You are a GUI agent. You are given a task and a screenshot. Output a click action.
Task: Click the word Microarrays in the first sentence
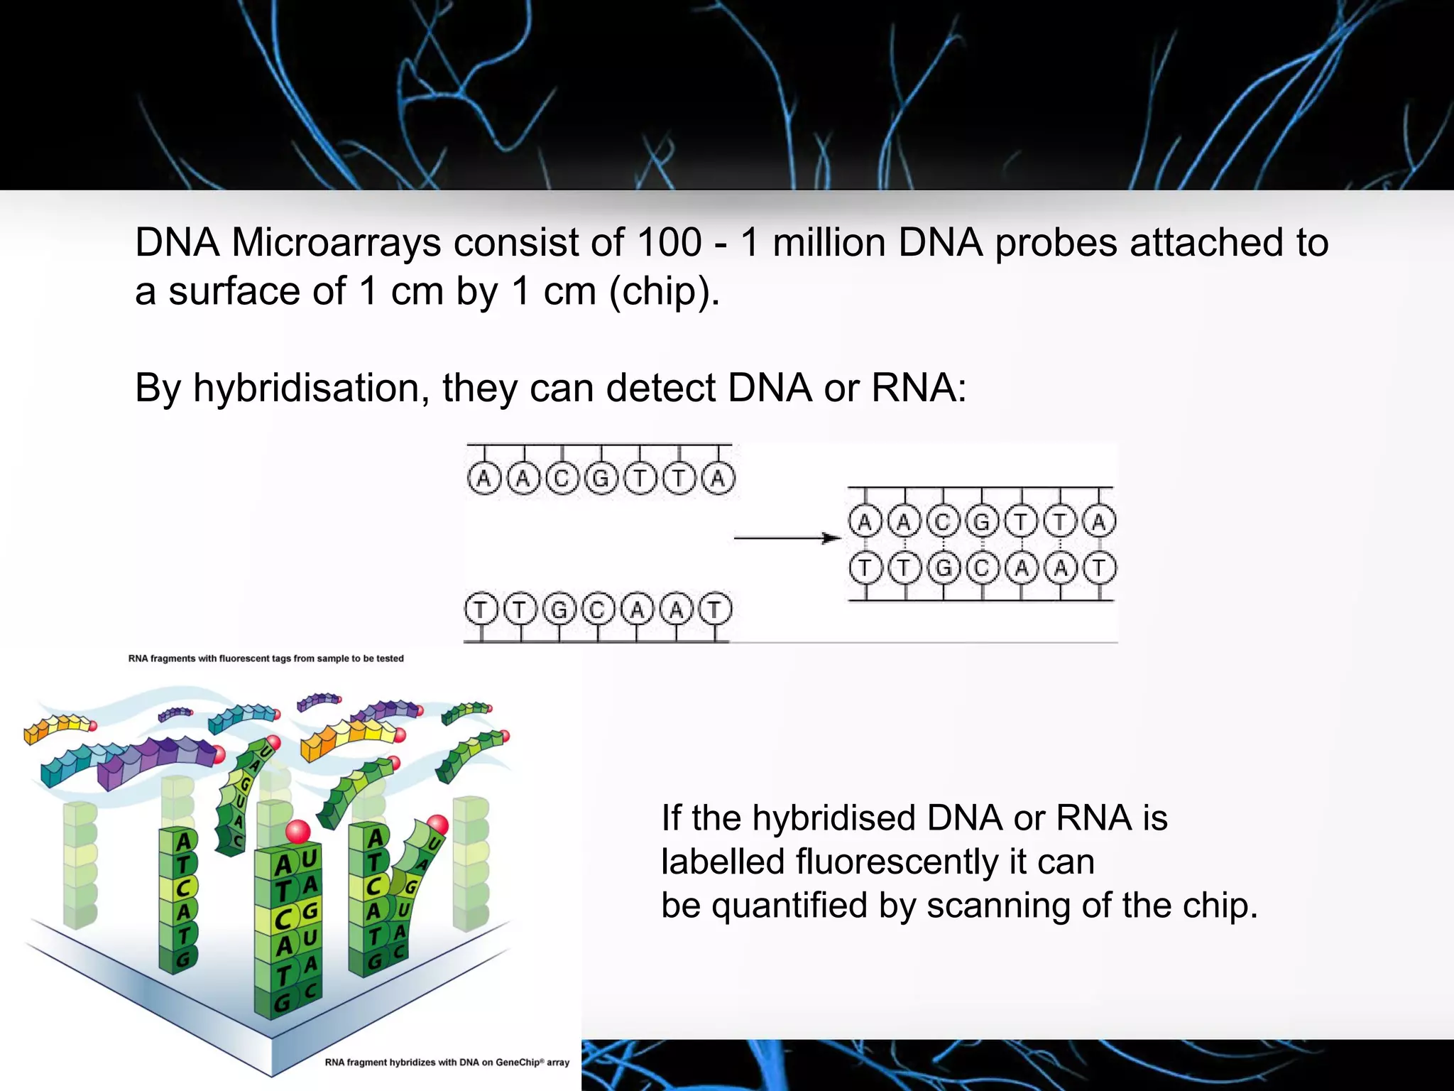(x=336, y=243)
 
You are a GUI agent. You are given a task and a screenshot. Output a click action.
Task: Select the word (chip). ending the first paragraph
(x=665, y=292)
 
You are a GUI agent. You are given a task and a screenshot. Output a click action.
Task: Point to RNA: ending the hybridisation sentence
(x=919, y=389)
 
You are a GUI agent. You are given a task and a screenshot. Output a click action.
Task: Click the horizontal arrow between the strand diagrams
(x=787, y=538)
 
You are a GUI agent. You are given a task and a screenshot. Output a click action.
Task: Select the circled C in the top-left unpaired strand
(x=562, y=479)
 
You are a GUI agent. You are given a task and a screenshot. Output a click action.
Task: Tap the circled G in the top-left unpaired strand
(x=601, y=479)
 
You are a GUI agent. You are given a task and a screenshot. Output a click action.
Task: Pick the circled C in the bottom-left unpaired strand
(x=598, y=609)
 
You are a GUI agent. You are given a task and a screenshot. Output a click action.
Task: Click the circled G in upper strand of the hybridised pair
(x=982, y=522)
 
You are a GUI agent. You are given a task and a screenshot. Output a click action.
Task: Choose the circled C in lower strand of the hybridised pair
(x=982, y=568)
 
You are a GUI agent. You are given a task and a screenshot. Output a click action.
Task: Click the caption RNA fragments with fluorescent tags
(x=266, y=658)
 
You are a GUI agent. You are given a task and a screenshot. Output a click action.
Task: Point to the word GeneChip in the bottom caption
(x=519, y=1063)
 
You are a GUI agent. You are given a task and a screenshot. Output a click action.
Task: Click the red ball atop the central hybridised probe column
(x=297, y=830)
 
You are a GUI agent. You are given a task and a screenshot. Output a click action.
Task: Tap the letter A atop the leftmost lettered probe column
(x=183, y=842)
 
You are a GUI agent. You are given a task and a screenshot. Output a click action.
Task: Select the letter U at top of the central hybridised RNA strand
(x=309, y=859)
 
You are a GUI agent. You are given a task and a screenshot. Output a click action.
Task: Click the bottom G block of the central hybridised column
(x=283, y=1003)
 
